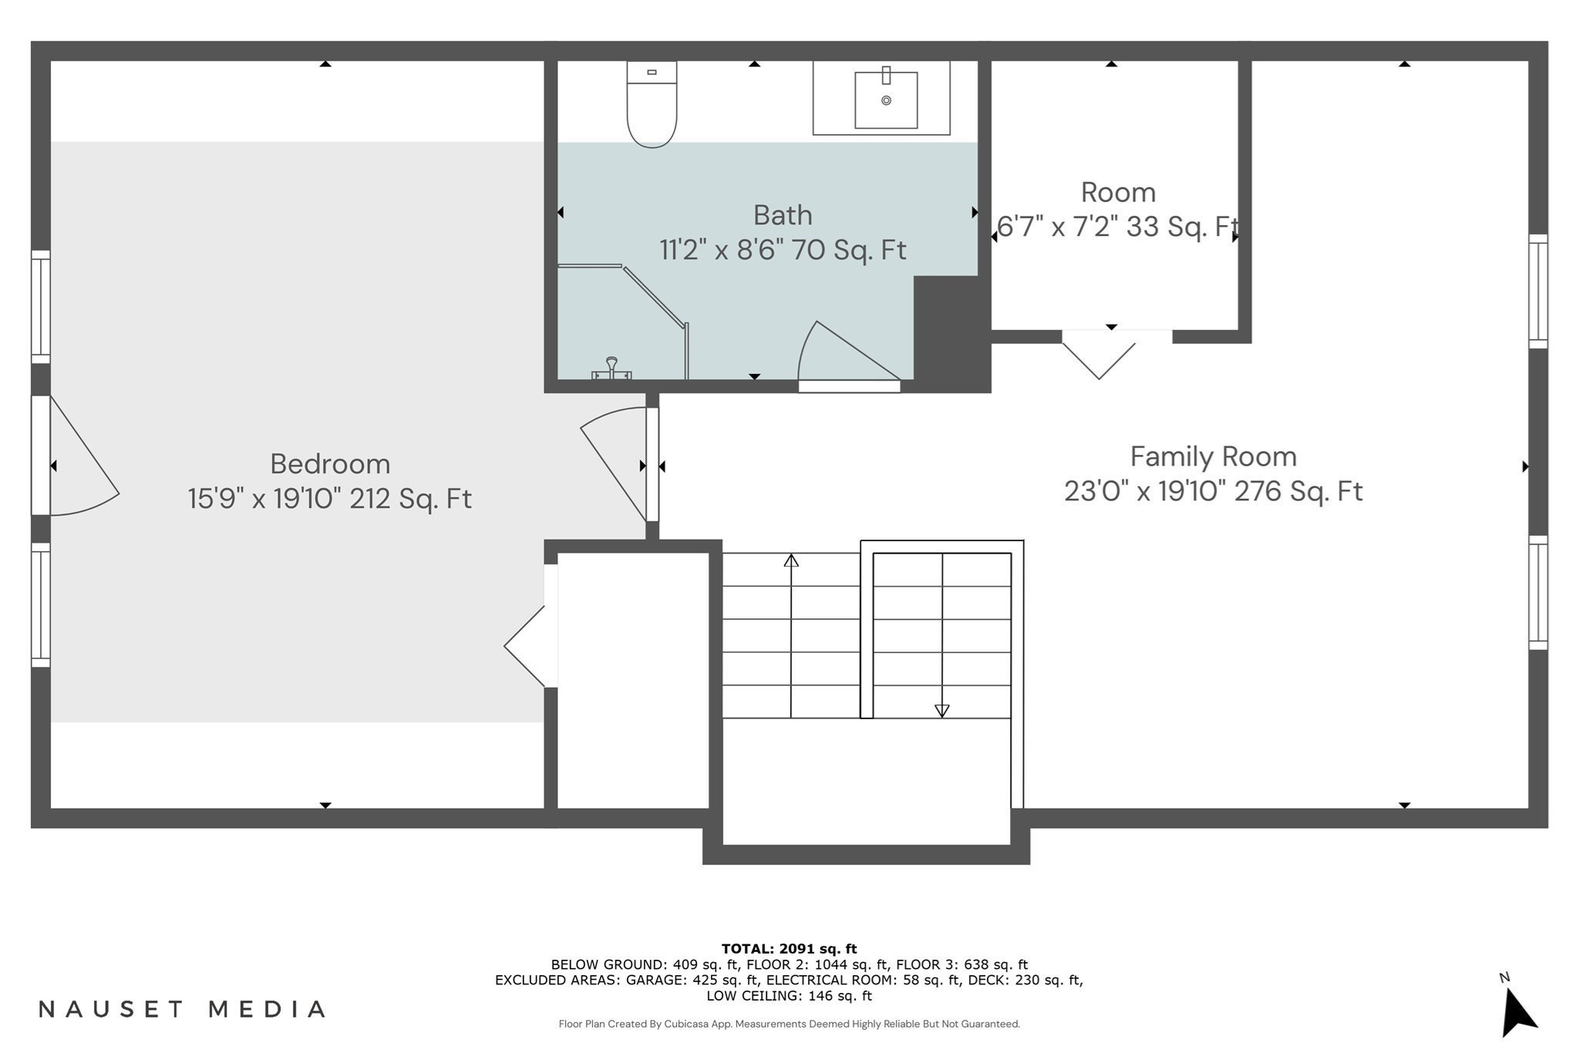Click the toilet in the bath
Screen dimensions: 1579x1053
point(651,104)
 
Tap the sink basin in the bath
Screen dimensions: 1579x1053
point(886,100)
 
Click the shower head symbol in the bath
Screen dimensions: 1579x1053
point(611,368)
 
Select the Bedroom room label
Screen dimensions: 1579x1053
point(330,464)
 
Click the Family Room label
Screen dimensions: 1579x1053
point(1214,456)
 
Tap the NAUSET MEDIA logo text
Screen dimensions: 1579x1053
point(183,1009)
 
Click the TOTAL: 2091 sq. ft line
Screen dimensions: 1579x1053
point(789,949)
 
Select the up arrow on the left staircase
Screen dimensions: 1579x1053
point(791,636)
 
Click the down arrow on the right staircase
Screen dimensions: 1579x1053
point(942,636)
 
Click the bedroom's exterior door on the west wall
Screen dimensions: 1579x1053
point(75,455)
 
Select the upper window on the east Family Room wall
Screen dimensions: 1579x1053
point(1538,291)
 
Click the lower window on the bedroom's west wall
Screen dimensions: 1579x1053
point(41,605)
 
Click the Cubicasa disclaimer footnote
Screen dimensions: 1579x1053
point(789,1024)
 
